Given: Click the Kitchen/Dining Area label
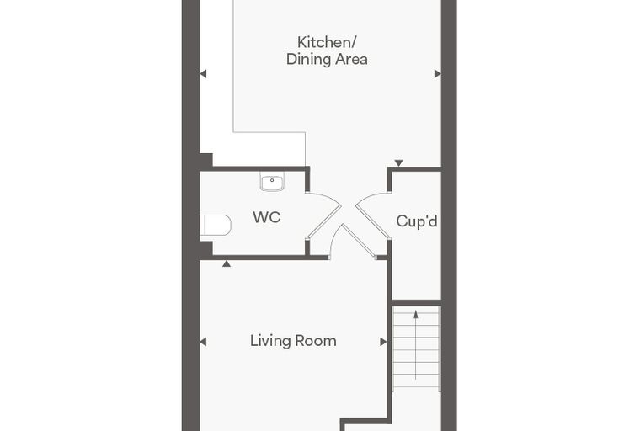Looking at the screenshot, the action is click(x=327, y=51).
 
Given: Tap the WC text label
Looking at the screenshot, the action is click(x=267, y=217).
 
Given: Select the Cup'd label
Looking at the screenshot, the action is click(x=417, y=221).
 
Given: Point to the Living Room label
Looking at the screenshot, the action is click(x=293, y=341).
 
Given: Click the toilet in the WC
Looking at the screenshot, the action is click(x=216, y=226).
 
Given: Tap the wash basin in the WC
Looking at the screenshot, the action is click(x=272, y=182).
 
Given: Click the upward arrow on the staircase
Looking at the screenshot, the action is click(x=415, y=345).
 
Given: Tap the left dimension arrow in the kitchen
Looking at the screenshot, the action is click(x=203, y=74).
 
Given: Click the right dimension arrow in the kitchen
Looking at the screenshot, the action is click(x=438, y=74).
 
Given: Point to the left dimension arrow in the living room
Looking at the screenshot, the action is click(x=203, y=342).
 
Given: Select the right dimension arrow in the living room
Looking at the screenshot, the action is click(x=383, y=342).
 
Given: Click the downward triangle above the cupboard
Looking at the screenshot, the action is click(x=399, y=162).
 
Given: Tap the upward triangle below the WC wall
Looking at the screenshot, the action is click(x=227, y=264).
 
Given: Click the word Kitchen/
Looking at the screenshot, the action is click(x=328, y=42).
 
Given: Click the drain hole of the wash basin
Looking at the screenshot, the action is click(x=272, y=180).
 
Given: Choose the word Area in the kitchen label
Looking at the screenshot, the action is click(x=350, y=60).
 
